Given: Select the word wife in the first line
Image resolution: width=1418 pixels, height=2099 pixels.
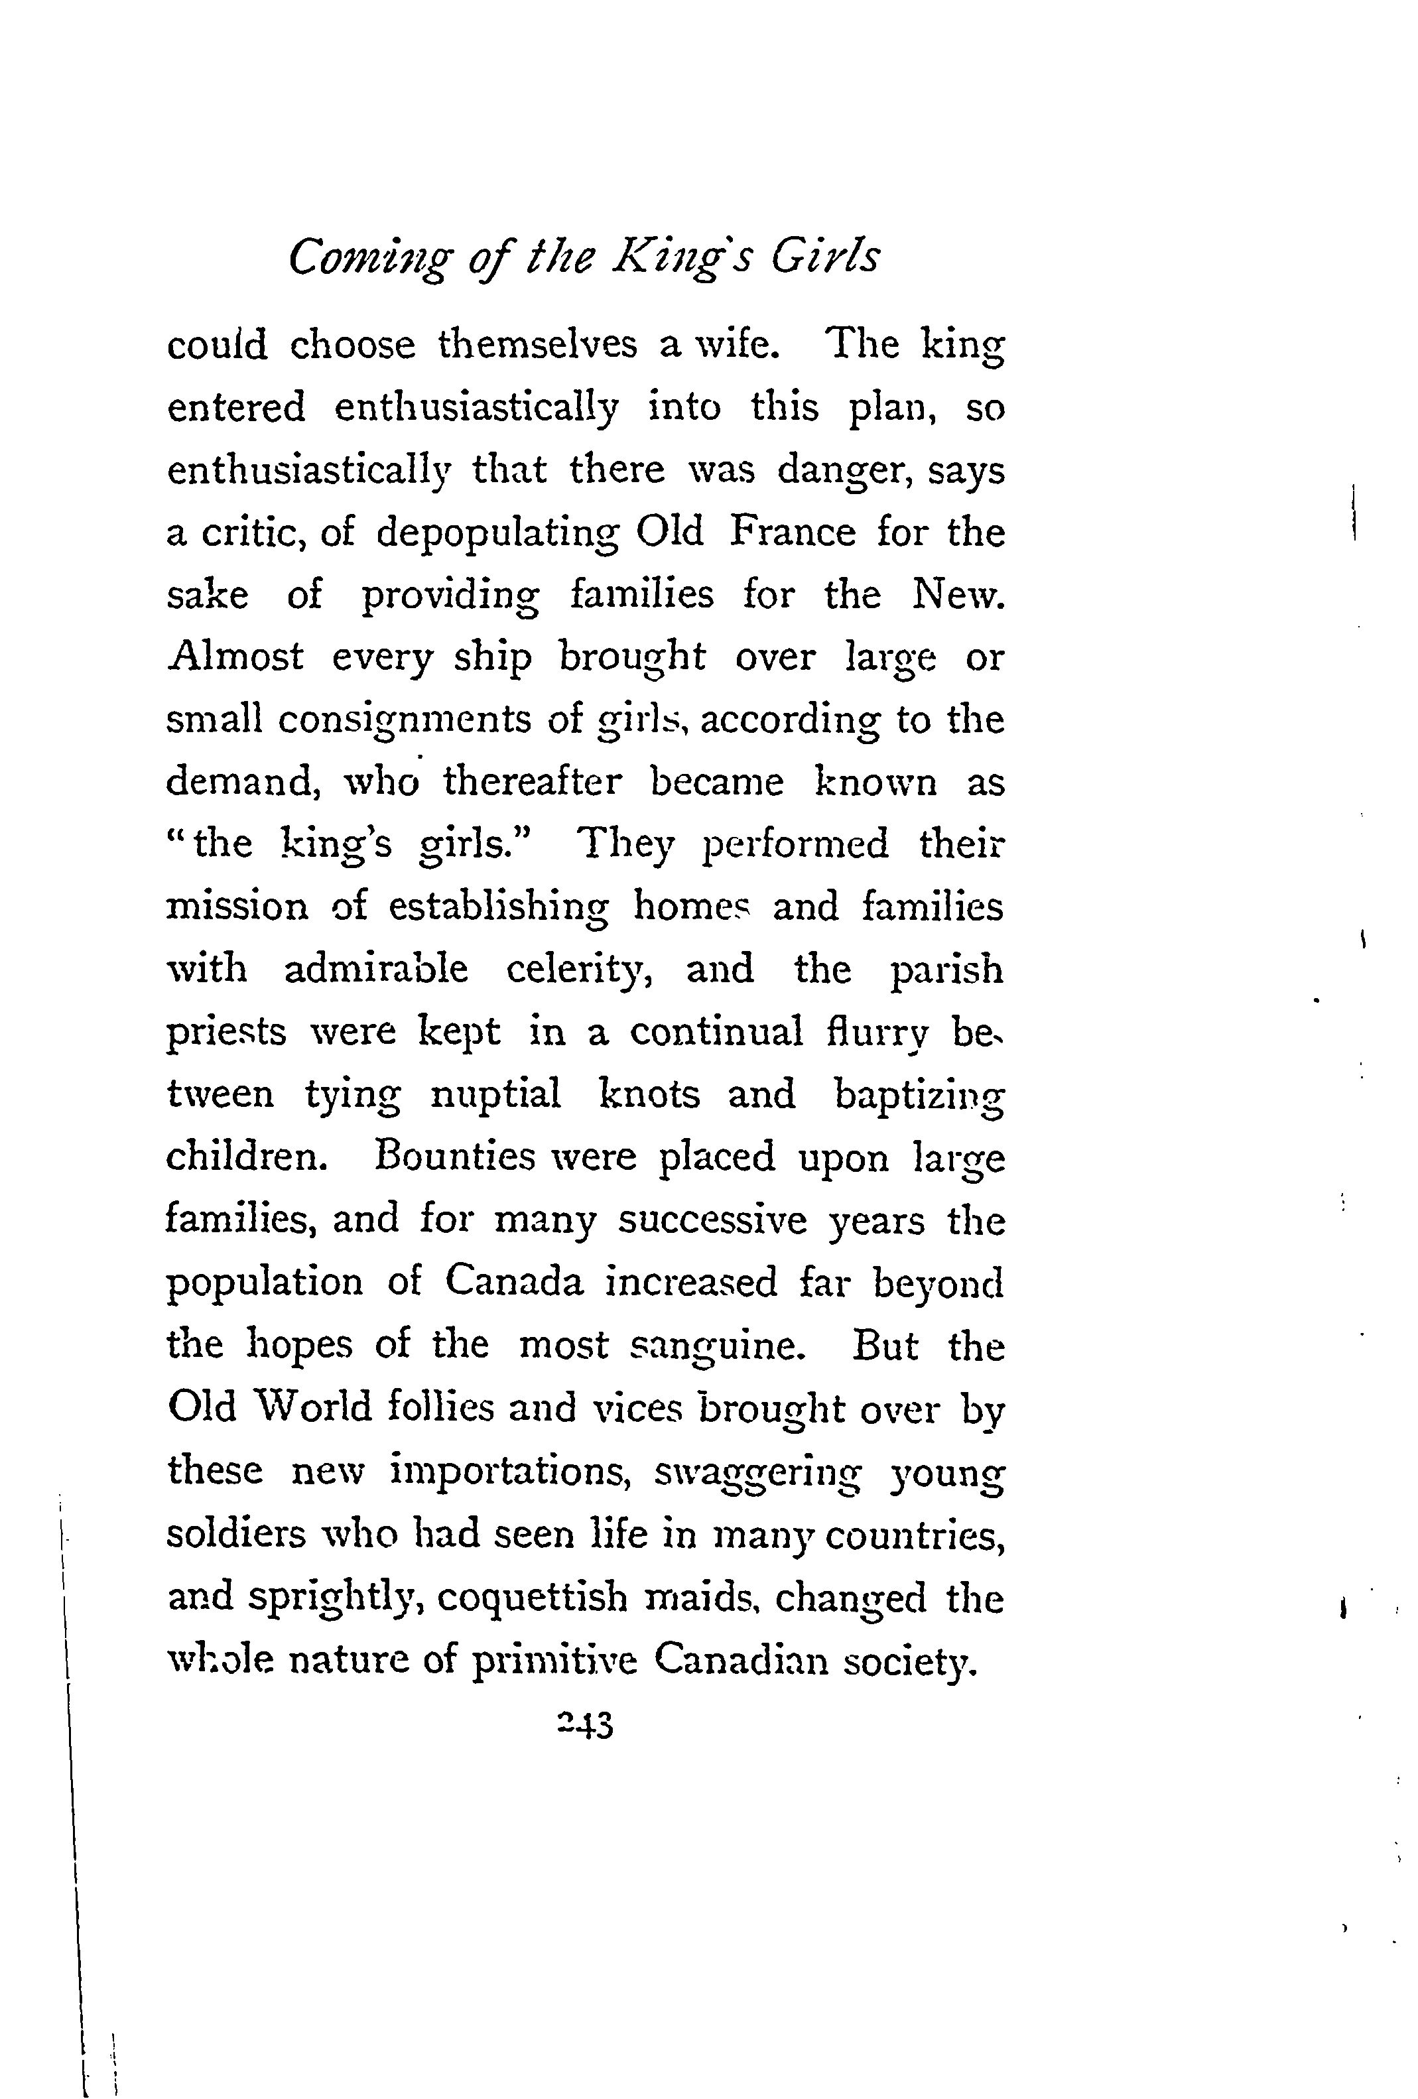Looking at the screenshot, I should [x=729, y=347].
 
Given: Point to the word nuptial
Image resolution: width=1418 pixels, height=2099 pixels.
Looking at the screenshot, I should [x=496, y=1096].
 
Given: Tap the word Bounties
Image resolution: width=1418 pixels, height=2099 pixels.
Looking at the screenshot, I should [x=454, y=1157].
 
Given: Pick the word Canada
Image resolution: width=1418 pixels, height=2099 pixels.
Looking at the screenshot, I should [x=514, y=1283].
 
